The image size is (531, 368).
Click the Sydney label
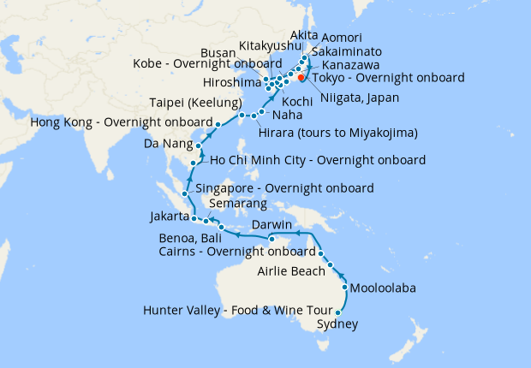pos(337,325)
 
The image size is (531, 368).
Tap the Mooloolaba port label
pos(383,288)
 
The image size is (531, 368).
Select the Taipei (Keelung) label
pos(188,99)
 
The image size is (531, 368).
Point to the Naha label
pos(286,113)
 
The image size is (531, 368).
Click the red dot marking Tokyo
pos(301,77)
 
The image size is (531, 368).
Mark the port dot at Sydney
pos(337,313)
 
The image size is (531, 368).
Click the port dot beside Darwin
pos(271,238)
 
